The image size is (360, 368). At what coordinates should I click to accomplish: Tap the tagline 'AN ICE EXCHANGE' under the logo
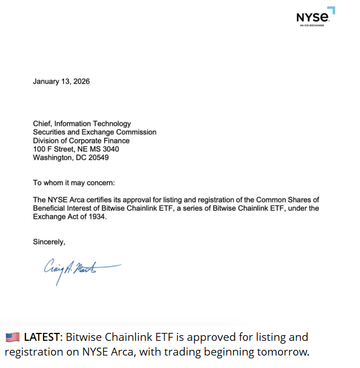(312, 25)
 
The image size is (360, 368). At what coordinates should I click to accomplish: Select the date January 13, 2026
(61, 82)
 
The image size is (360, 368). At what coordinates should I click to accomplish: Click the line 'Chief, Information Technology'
(82, 123)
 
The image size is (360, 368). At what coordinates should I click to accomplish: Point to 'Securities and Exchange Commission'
(95, 132)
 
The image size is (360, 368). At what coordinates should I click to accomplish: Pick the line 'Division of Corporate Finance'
(81, 140)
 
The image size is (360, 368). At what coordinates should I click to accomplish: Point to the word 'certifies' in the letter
(100, 200)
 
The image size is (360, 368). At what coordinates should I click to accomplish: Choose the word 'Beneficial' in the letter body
(50, 208)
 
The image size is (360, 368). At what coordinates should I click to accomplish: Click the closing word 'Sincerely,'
(49, 242)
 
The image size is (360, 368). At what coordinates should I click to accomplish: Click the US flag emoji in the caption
(12, 337)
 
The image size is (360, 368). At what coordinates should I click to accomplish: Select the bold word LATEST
(42, 337)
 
